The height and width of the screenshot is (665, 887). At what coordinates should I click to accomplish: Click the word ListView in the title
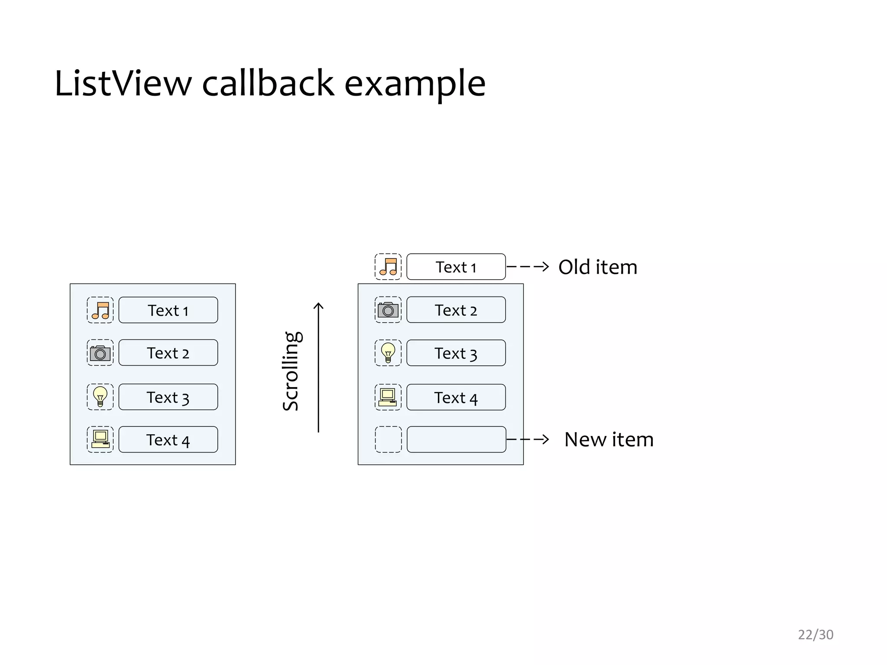pos(123,83)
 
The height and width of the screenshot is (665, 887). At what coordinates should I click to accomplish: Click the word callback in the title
pos(268,83)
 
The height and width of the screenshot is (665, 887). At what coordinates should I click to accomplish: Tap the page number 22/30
pos(816,635)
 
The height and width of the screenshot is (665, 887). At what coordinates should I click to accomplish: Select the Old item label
pos(598,267)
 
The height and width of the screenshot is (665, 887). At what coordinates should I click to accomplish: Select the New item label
pos(609,439)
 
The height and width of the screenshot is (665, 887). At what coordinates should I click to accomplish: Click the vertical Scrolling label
pos(291,371)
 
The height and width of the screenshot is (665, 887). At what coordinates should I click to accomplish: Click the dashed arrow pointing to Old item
pos(528,267)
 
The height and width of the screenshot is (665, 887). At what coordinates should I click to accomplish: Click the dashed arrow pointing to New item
pos(528,439)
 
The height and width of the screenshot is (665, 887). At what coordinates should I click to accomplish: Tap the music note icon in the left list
pos(100,310)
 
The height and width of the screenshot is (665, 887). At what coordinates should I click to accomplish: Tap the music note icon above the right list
pos(388,267)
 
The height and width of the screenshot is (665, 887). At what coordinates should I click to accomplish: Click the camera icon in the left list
pos(100,353)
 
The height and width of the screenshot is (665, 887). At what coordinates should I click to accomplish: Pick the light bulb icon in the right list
pos(388,353)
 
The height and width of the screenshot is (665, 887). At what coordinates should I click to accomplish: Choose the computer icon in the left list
pos(100,439)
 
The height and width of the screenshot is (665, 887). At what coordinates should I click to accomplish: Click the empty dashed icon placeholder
pos(388,439)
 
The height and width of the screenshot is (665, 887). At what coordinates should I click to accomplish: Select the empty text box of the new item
pos(456,439)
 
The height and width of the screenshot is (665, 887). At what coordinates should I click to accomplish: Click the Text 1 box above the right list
pos(456,267)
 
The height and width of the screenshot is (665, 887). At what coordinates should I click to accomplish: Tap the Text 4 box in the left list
pos(168,439)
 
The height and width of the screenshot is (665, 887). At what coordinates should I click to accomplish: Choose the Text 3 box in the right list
pos(456,353)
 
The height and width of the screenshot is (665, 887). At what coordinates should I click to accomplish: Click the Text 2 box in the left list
pos(168,352)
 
